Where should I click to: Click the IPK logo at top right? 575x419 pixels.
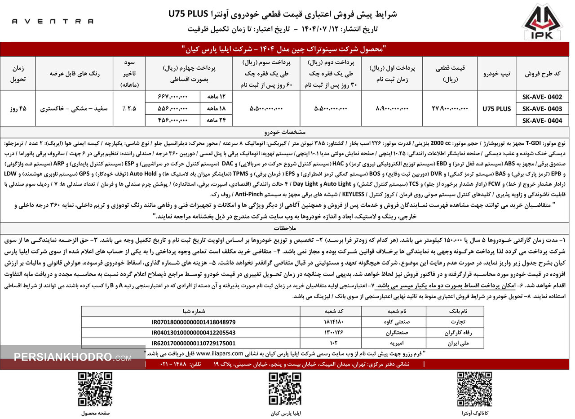pos(542,22)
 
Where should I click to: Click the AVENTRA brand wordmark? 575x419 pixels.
pos(53,21)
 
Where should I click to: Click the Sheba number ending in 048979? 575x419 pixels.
pos(190,322)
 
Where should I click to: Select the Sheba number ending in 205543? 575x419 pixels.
pos(190,333)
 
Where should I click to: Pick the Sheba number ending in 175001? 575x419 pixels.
pos(190,343)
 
